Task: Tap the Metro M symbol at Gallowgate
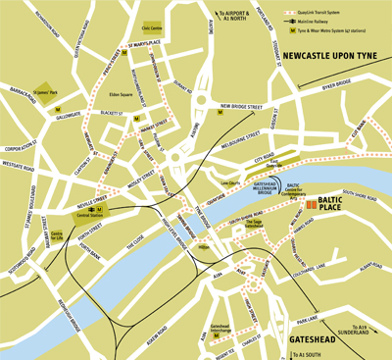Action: tap(57, 109)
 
